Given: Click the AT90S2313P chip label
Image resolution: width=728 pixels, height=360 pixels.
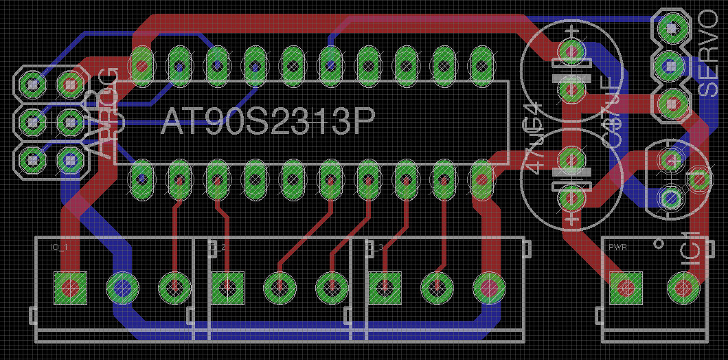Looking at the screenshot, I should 268,123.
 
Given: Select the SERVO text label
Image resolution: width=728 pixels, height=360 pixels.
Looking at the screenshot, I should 707,53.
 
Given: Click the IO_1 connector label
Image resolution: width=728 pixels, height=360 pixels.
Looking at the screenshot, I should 60,247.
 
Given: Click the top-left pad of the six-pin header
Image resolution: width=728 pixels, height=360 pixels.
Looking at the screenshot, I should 32,84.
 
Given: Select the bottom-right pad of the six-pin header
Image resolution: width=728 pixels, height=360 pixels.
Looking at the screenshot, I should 70,160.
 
